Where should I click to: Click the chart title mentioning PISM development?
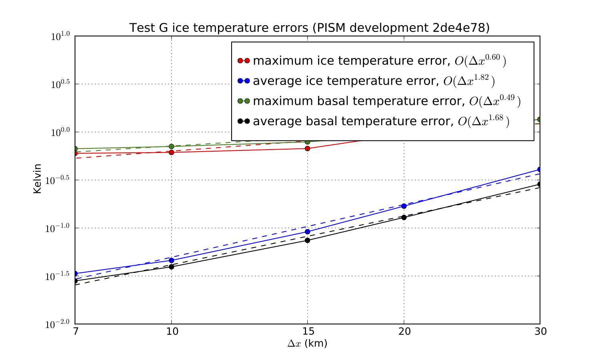coord(309,28)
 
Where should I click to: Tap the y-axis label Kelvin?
coord(37,179)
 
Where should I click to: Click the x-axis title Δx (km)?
coord(307,344)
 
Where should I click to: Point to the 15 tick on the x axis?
coord(307,332)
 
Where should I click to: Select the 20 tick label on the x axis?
coord(404,332)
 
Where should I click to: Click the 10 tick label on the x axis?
coord(172,332)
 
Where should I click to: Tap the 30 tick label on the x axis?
coord(540,332)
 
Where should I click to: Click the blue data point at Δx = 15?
coord(307,232)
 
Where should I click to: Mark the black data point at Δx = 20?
coord(404,217)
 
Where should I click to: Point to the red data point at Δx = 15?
coord(307,148)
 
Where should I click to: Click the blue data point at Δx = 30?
coord(540,169)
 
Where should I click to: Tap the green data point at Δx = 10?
coord(172,146)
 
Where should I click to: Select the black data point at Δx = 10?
coord(172,267)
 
